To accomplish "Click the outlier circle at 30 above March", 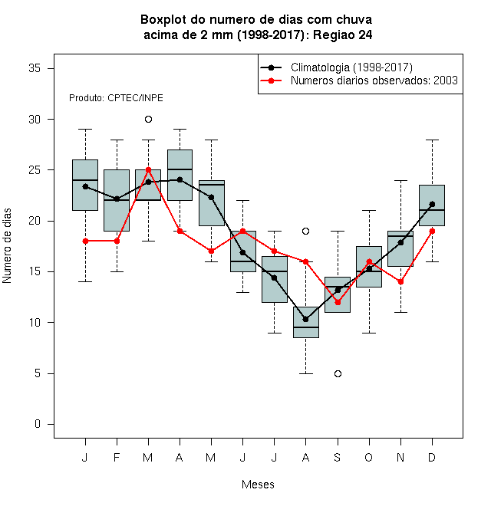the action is click(x=148, y=120).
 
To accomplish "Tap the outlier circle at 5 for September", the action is click(x=338, y=373).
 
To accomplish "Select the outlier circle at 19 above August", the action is click(x=305, y=231).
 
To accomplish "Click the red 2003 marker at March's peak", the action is click(x=148, y=169).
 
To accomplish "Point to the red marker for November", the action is click(x=401, y=281).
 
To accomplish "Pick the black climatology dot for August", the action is click(x=305, y=319).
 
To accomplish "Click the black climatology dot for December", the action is click(x=432, y=204).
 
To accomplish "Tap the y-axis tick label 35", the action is click(x=35, y=68).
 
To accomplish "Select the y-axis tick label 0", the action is click(x=38, y=424).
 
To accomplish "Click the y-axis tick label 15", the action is click(x=35, y=271).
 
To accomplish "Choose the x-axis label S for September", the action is click(x=338, y=457).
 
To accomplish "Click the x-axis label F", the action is click(x=117, y=457).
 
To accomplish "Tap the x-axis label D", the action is click(x=432, y=457).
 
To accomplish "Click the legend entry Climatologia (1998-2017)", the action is click(x=351, y=67).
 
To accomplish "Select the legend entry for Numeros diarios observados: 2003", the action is click(x=374, y=80).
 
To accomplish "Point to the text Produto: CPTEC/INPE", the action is click(x=116, y=98).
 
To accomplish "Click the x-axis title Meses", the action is click(x=258, y=485).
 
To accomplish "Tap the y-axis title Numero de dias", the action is click(x=7, y=246).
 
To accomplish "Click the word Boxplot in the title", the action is click(x=163, y=20).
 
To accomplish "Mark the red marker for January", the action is click(x=85, y=241).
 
